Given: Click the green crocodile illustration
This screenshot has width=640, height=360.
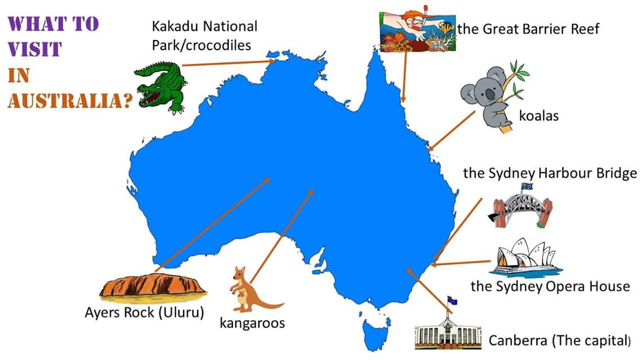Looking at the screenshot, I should (160, 87).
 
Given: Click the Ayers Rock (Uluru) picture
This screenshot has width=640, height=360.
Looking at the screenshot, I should (152, 286).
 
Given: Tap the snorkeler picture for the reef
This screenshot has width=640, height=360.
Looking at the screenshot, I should (417, 31).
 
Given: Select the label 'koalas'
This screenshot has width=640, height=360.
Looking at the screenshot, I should (539, 116).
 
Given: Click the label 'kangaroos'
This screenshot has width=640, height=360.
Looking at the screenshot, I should (252, 323).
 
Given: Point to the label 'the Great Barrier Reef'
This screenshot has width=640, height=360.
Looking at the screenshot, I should (528, 29).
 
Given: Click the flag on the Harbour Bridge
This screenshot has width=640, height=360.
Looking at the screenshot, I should (527, 187).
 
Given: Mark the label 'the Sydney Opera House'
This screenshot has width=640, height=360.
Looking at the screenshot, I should (550, 286).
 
